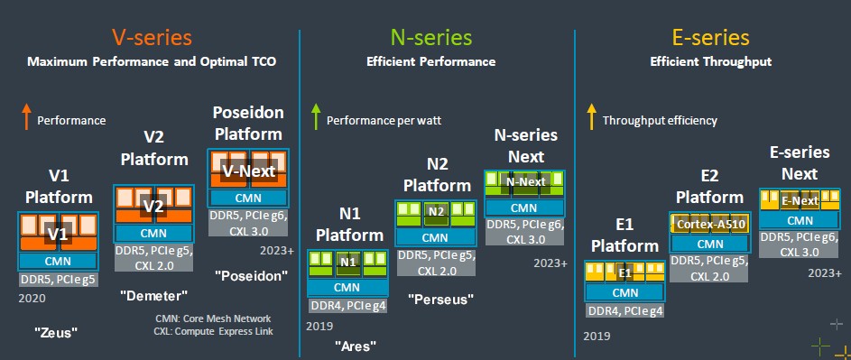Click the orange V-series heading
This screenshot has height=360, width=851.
click(152, 38)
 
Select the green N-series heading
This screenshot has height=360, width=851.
click(431, 38)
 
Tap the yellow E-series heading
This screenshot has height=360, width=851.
click(710, 38)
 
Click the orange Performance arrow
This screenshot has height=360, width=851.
click(25, 116)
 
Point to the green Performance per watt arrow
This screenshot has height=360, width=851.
click(315, 116)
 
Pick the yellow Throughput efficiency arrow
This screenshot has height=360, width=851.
click(592, 116)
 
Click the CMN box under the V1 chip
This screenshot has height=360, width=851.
click(58, 261)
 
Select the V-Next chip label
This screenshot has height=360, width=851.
click(250, 171)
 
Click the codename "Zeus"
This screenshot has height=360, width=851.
click(57, 332)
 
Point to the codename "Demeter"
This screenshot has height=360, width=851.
click(154, 295)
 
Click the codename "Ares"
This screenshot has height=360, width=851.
click(356, 345)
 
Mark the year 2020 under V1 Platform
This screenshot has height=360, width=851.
click(32, 298)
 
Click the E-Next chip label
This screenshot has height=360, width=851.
click(800, 201)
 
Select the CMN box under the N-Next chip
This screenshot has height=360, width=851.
click(524, 208)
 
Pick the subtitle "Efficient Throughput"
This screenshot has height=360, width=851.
click(710, 62)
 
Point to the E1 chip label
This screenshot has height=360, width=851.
click(625, 273)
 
